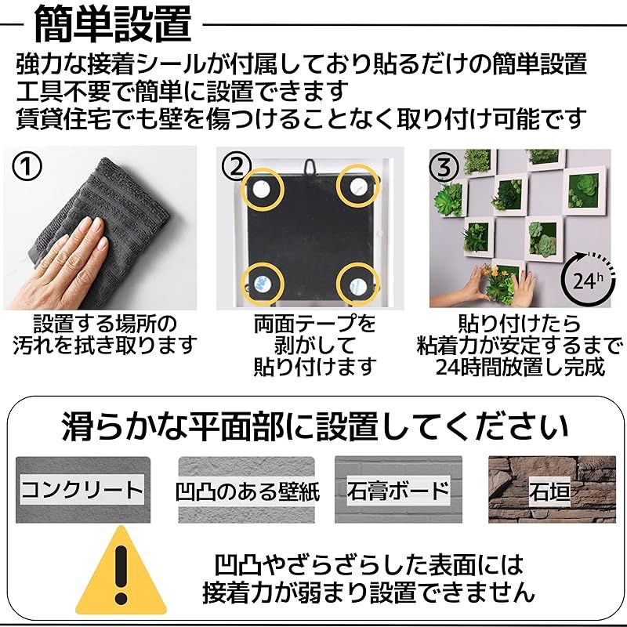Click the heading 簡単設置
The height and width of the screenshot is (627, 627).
(x=113, y=25)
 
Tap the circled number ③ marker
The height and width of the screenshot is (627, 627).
(x=444, y=166)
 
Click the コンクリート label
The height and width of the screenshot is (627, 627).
(x=82, y=491)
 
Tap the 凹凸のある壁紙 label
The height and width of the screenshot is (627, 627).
(x=247, y=492)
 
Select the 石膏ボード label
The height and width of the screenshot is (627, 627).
(x=398, y=491)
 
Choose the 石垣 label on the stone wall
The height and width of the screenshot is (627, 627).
(x=549, y=492)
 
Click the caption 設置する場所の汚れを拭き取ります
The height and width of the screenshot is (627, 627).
(x=104, y=335)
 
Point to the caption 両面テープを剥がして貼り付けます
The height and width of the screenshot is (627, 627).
(x=314, y=345)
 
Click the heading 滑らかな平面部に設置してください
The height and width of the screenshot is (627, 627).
(x=314, y=428)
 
